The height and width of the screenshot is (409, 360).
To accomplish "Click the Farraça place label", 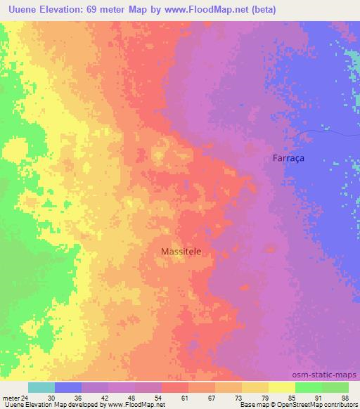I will coord(288,159).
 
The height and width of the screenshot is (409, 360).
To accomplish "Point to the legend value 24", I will coord(24,397).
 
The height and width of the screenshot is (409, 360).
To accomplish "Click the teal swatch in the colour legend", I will coord(41,387).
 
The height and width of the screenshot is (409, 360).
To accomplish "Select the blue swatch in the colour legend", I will coord(68,387).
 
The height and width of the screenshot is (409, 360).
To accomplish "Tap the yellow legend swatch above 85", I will coord(282,387).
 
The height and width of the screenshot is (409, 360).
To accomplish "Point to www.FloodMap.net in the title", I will coord(203,10).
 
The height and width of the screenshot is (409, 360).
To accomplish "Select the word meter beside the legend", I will coord(10,397).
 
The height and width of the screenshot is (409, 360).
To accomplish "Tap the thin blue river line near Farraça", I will coord(323,131).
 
